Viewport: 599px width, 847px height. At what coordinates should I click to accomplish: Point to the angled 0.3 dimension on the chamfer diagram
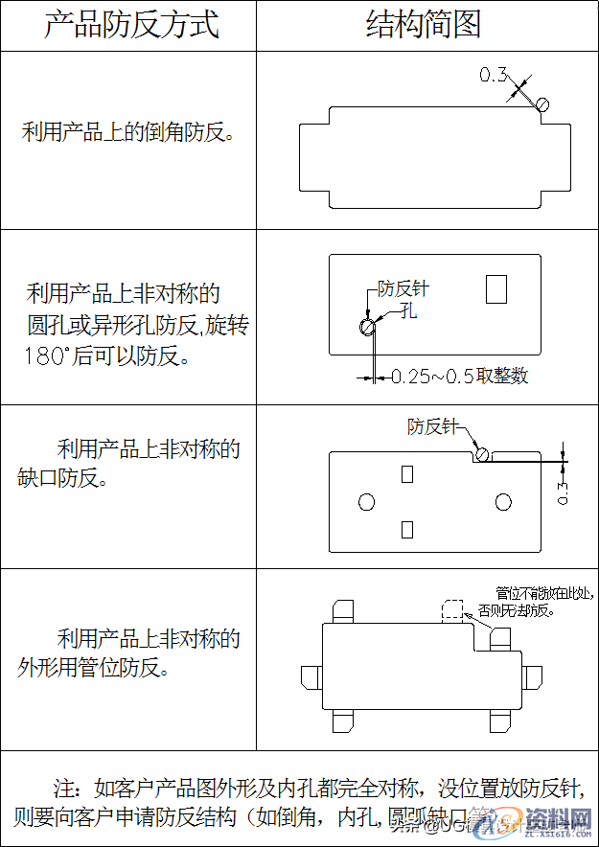pos(493,74)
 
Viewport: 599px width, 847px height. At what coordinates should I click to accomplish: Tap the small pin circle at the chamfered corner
pos(542,104)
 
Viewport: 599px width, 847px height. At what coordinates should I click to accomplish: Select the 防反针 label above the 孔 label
pos(403,287)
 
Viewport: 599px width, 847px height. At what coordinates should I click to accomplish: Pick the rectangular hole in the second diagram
pos(495,288)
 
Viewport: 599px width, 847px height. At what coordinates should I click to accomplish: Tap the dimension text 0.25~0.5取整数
pos(459,377)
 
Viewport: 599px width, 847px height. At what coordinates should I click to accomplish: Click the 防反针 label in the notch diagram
pos(432,425)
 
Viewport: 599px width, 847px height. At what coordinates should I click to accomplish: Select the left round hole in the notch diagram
pos(365,502)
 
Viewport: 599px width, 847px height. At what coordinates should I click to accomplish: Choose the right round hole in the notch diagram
pos(503,502)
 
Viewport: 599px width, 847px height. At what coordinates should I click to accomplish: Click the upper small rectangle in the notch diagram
pos(407,473)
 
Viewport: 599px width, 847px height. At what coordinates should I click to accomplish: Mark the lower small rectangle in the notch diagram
pos(407,529)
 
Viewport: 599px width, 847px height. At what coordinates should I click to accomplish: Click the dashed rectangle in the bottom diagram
pos(451,611)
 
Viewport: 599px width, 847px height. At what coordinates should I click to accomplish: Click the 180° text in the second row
pos(46,356)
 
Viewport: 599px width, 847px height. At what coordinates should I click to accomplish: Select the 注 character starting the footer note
pos(64,790)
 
